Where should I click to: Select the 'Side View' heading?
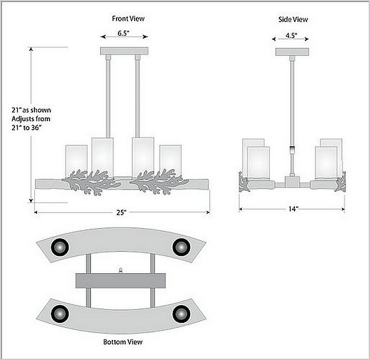click(x=292, y=19)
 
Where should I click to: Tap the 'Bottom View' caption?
click(x=122, y=342)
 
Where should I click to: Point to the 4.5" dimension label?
click(x=291, y=35)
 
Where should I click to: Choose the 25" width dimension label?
click(x=121, y=212)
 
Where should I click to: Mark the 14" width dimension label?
click(x=292, y=208)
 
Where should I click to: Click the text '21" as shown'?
click(x=31, y=110)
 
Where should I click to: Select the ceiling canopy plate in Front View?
click(x=124, y=50)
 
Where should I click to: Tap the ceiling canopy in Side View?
click(x=292, y=51)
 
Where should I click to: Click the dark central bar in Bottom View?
click(x=120, y=280)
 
